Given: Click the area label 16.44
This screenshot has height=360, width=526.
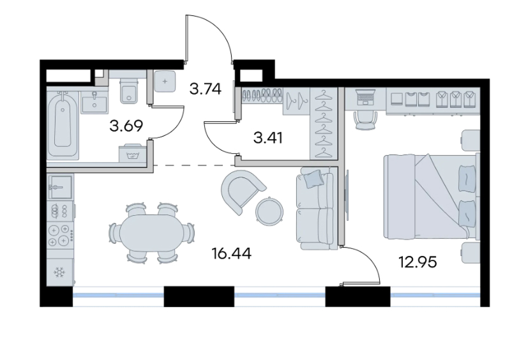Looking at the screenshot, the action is point(232,253).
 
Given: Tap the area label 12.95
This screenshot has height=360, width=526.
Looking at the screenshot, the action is point(417,262).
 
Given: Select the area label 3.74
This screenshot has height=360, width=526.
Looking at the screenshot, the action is point(206,89).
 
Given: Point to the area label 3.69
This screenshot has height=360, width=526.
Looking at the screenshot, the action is point(126,126).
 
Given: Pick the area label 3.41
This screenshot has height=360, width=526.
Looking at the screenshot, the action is point(268,138).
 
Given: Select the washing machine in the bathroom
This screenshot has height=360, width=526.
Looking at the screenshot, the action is point(133,153).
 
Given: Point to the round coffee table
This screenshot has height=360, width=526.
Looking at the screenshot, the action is point(269,211).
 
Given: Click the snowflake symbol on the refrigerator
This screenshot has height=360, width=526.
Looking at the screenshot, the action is point(60,272).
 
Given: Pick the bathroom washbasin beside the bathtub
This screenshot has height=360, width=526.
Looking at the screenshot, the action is point(94,101).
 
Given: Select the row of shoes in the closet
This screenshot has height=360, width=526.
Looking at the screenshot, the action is point(262,95).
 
